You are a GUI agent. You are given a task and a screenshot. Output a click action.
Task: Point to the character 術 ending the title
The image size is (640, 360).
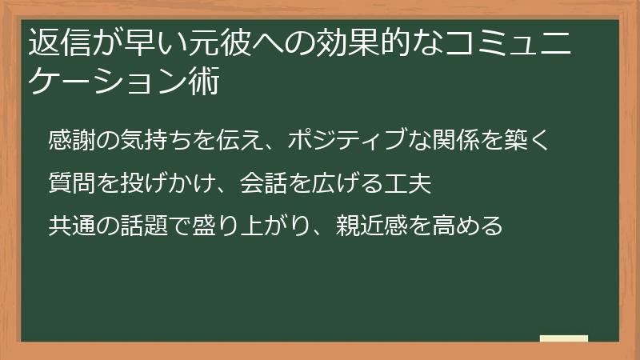(204, 82)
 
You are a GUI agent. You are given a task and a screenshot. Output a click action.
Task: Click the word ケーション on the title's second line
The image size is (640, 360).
(107, 82)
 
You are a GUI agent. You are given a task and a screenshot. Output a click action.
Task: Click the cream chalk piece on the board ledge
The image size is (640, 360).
(565, 339)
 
